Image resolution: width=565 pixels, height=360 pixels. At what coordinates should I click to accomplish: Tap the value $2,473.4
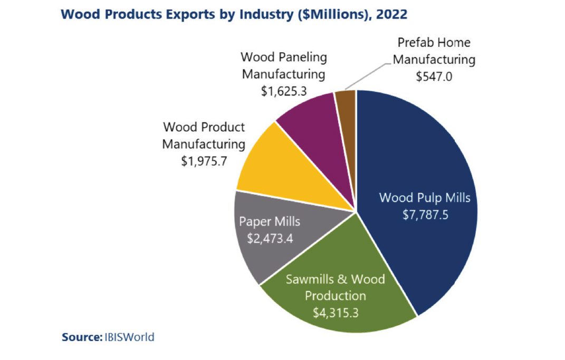pyautogui.click(x=270, y=238)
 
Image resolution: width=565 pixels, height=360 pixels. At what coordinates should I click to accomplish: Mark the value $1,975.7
pyautogui.click(x=204, y=160)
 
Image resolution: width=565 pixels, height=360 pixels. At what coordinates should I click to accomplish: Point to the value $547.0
pyautogui.click(x=434, y=76)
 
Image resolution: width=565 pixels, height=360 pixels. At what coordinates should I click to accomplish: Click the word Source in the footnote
pyautogui.click(x=80, y=337)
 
